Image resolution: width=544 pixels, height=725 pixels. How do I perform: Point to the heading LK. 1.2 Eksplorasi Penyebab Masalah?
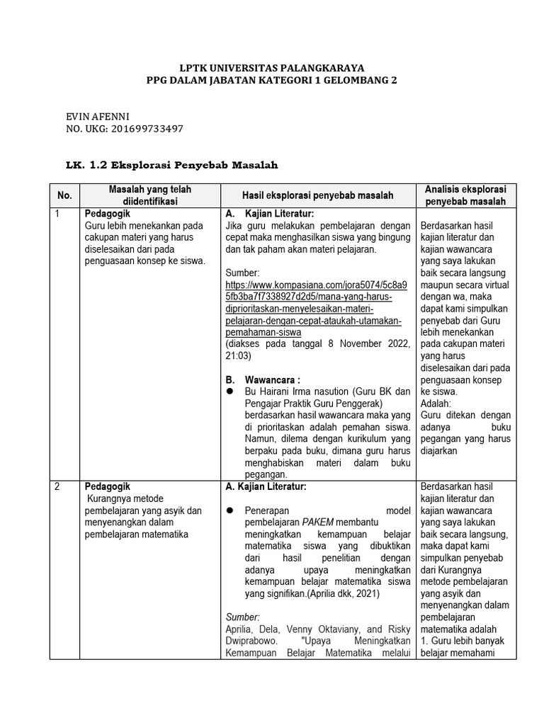171,165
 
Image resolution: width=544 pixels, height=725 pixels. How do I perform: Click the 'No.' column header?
64,195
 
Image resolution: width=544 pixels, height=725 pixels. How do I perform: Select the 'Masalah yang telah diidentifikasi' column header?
149,195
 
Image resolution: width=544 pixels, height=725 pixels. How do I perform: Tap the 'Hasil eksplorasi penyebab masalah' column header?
319,195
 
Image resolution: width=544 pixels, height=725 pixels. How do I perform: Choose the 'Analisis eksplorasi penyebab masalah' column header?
465,195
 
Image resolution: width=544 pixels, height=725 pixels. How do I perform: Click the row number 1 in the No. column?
57,213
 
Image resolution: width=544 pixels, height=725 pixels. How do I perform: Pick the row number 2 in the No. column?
57,487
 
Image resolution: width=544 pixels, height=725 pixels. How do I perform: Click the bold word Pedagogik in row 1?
108,213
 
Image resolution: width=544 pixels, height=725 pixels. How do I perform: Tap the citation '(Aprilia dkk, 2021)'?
340,595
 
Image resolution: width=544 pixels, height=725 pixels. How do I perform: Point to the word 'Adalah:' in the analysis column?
436,404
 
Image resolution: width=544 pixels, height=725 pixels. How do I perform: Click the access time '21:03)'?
239,356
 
